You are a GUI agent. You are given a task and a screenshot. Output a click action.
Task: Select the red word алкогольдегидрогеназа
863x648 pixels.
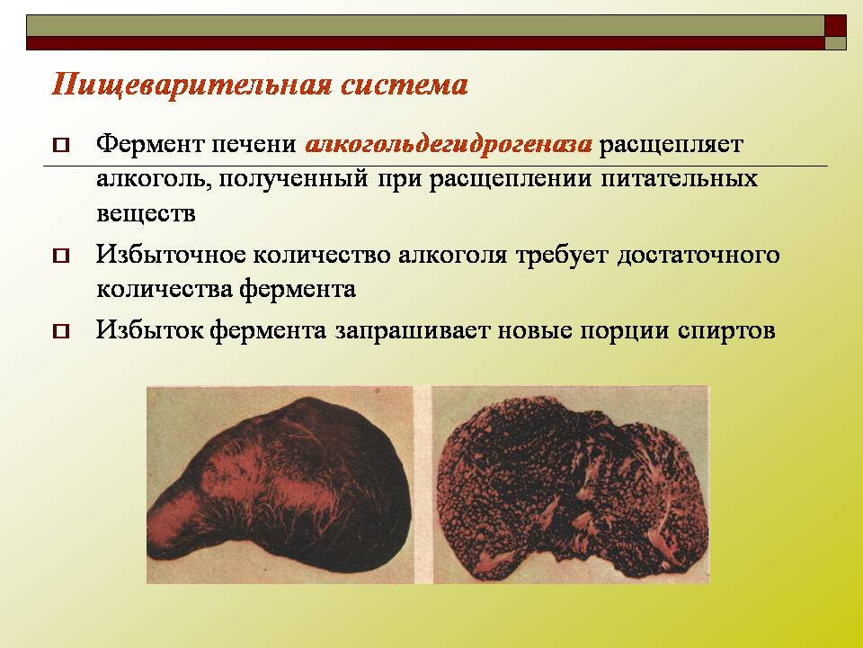tap(449, 145)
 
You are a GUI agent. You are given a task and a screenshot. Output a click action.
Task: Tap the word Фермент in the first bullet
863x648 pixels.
tap(150, 144)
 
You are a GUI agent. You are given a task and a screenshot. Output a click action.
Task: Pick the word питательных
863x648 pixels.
tap(680, 178)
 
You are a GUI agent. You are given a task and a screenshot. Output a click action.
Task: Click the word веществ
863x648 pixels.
tap(146, 214)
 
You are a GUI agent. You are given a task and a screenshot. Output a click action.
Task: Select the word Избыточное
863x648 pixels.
tap(171, 255)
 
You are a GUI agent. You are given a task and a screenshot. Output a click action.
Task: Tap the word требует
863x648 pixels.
tap(562, 256)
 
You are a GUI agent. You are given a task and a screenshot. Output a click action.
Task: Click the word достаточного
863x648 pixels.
tap(698, 256)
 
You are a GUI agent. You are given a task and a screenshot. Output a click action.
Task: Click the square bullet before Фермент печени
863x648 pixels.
tap(61, 146)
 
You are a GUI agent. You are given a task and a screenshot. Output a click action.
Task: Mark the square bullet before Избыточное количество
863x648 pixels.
tap(61, 256)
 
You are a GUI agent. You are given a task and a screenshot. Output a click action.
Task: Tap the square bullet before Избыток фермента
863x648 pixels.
tap(61, 331)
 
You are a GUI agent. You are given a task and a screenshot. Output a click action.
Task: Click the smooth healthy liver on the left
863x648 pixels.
tap(280, 485)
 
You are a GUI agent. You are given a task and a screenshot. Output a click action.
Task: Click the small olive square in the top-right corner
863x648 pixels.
tap(835, 43)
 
